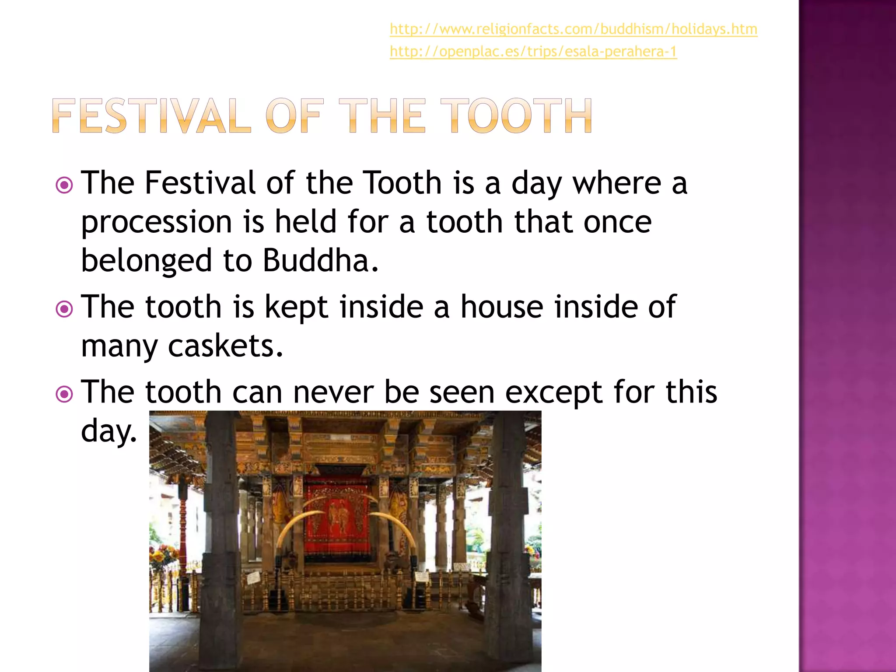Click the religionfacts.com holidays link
(x=573, y=29)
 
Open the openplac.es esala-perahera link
(x=533, y=52)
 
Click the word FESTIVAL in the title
(x=151, y=116)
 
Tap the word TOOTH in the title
(x=516, y=116)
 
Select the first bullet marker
(x=64, y=185)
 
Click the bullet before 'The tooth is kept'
(x=64, y=309)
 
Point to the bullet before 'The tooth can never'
(x=64, y=394)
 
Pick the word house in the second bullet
(x=502, y=307)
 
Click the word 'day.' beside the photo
(x=109, y=431)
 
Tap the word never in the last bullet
(x=333, y=392)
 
